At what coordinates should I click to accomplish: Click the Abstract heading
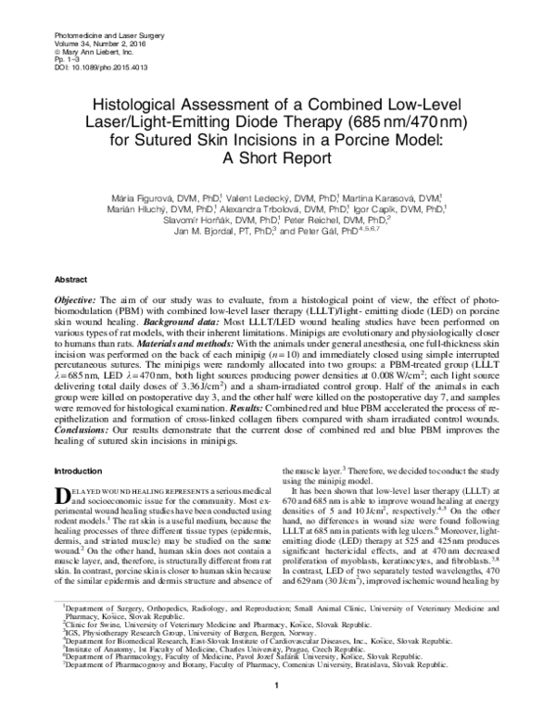pyautogui.click(x=72, y=277)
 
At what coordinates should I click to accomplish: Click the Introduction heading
pyautogui.click(x=80, y=472)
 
